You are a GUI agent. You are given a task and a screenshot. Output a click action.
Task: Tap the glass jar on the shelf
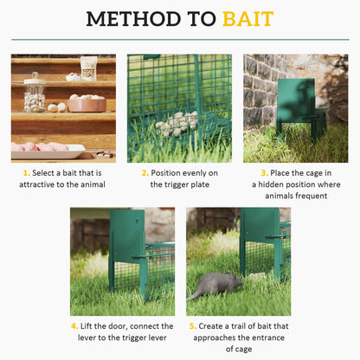coord(35,93)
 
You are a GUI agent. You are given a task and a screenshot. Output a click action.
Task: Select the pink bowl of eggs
coord(86,104)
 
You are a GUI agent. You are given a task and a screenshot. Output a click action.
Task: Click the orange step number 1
coord(26,173)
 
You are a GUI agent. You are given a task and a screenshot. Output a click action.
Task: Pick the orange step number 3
coord(263,173)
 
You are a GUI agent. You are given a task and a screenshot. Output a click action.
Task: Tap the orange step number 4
coord(75,326)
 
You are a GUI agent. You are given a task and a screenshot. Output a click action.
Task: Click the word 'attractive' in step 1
coord(44,184)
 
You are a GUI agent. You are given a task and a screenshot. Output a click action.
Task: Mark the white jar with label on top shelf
coord(89,67)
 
